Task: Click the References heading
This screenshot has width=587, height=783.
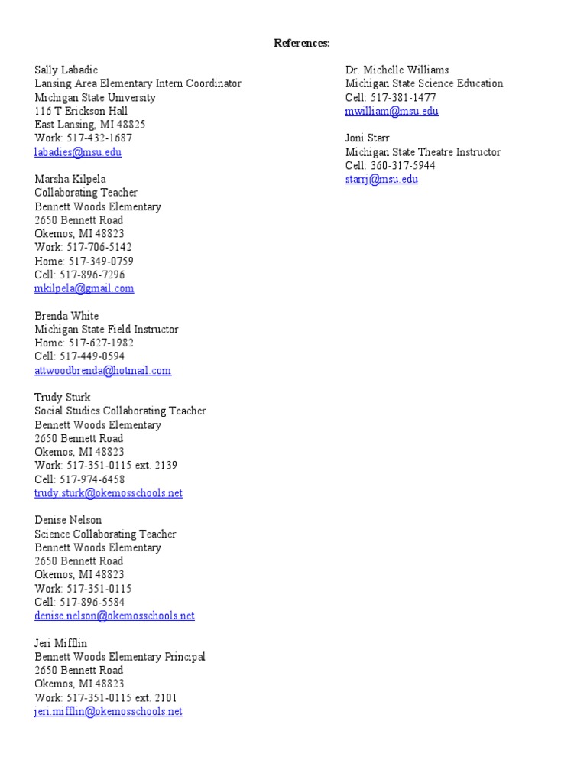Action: [302, 43]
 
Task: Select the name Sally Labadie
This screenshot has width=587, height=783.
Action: [66, 70]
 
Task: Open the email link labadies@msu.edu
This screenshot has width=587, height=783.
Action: [78, 152]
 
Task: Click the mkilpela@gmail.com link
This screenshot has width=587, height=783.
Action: [84, 288]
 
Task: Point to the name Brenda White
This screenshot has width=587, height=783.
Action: [66, 316]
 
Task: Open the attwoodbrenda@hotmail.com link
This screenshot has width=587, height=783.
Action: [103, 371]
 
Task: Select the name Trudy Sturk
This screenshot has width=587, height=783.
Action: [63, 398]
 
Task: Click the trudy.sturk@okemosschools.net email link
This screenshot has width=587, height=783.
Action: [109, 493]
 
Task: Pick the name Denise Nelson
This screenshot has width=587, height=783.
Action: [68, 520]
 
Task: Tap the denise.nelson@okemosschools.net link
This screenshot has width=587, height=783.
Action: [115, 616]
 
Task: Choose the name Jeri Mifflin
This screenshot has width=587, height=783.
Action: [61, 643]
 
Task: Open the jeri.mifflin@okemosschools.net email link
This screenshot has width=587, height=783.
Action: [109, 712]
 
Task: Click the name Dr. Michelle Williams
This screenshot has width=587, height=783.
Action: [397, 70]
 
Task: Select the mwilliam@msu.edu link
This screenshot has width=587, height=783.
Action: [392, 111]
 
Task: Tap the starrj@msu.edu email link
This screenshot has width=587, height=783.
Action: [382, 180]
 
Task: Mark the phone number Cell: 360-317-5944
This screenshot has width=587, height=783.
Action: [391, 166]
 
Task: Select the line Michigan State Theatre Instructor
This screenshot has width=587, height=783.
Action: [423, 152]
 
